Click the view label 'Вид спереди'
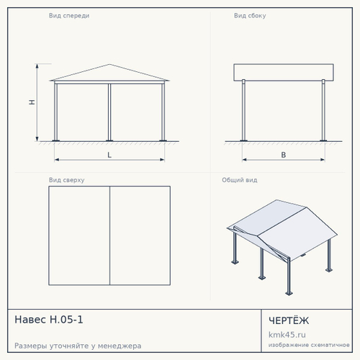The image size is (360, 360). point(69,16)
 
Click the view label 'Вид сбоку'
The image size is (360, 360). point(250,16)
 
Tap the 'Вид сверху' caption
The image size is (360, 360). point(66,180)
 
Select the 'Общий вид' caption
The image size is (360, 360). point(240,180)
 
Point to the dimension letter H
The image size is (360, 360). point(32,102)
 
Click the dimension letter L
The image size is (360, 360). point(109,155)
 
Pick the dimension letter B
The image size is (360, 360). point(284,155)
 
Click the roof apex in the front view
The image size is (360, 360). point(109,64)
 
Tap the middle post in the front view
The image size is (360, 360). point(109,112)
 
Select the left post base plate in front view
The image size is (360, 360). point(55,140)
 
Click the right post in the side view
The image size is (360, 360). point(323,110)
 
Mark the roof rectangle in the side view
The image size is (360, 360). point(284,72)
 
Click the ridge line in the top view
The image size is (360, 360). point(109,235)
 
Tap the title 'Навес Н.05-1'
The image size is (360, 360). point(49,320)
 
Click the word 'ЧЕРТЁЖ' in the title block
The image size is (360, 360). point(289,320)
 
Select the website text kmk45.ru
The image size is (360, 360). point(287,335)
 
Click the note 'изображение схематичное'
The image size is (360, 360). point(309,345)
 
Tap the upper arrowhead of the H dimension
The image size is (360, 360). point(37,66)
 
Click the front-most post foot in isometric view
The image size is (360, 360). point(289,293)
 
